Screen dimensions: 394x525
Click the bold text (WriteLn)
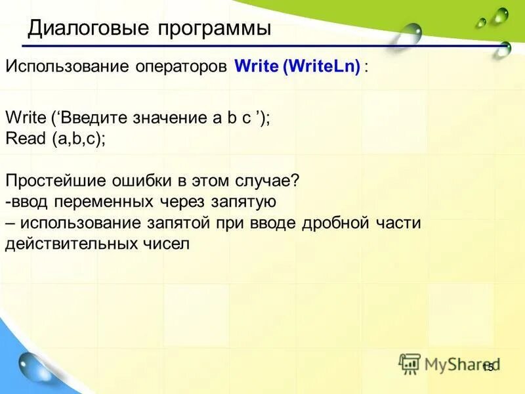322,68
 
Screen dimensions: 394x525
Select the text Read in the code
25,139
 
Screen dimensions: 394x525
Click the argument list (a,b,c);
79,139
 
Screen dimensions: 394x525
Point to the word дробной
335,223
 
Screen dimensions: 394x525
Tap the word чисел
167,244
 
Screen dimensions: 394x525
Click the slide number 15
488,368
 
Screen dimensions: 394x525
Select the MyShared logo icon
409,363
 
